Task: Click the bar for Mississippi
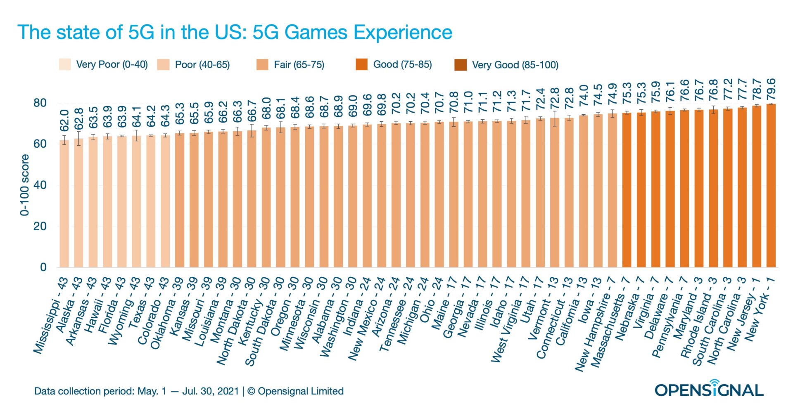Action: point(64,204)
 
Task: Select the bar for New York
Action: point(771,186)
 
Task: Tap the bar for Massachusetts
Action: point(627,190)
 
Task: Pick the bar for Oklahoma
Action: point(179,200)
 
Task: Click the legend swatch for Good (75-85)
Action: point(361,65)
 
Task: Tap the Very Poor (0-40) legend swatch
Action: point(65,65)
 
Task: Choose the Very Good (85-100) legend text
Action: point(515,65)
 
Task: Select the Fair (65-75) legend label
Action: point(299,65)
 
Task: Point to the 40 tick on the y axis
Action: point(40,185)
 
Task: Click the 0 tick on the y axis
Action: point(43,267)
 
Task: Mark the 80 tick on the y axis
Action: point(40,103)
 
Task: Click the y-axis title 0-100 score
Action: point(25,185)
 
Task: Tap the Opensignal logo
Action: point(709,389)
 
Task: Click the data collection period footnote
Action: point(189,391)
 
